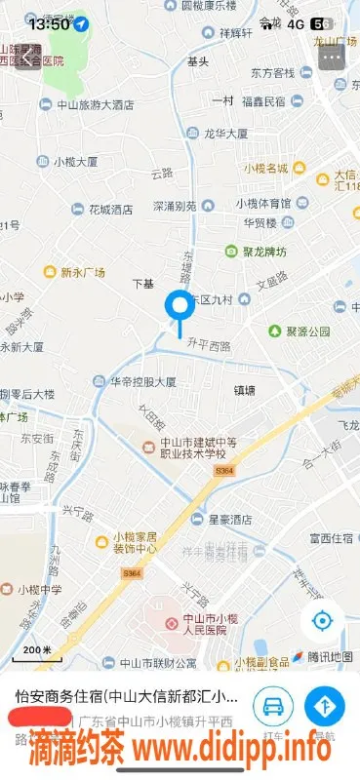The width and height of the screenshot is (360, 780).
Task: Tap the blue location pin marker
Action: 180,307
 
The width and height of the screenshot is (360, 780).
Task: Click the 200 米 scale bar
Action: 37,650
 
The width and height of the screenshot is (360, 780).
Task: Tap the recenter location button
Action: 323,620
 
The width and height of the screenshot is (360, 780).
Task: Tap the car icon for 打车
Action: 274,705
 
